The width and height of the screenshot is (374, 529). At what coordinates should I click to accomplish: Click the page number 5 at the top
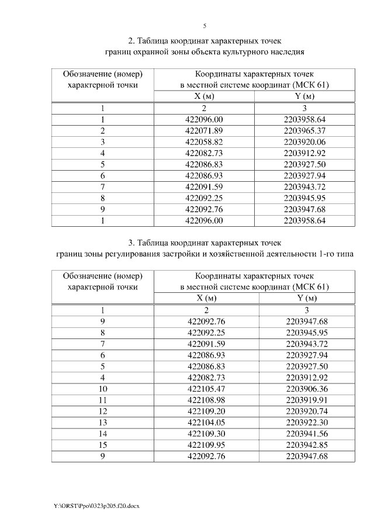point(205,26)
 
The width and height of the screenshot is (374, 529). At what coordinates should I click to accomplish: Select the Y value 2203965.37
point(304,130)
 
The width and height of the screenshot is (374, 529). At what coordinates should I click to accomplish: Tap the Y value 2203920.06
point(304,141)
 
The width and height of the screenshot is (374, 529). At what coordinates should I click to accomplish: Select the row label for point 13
point(103,422)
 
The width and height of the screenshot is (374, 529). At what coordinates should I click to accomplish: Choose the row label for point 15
point(103,444)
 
